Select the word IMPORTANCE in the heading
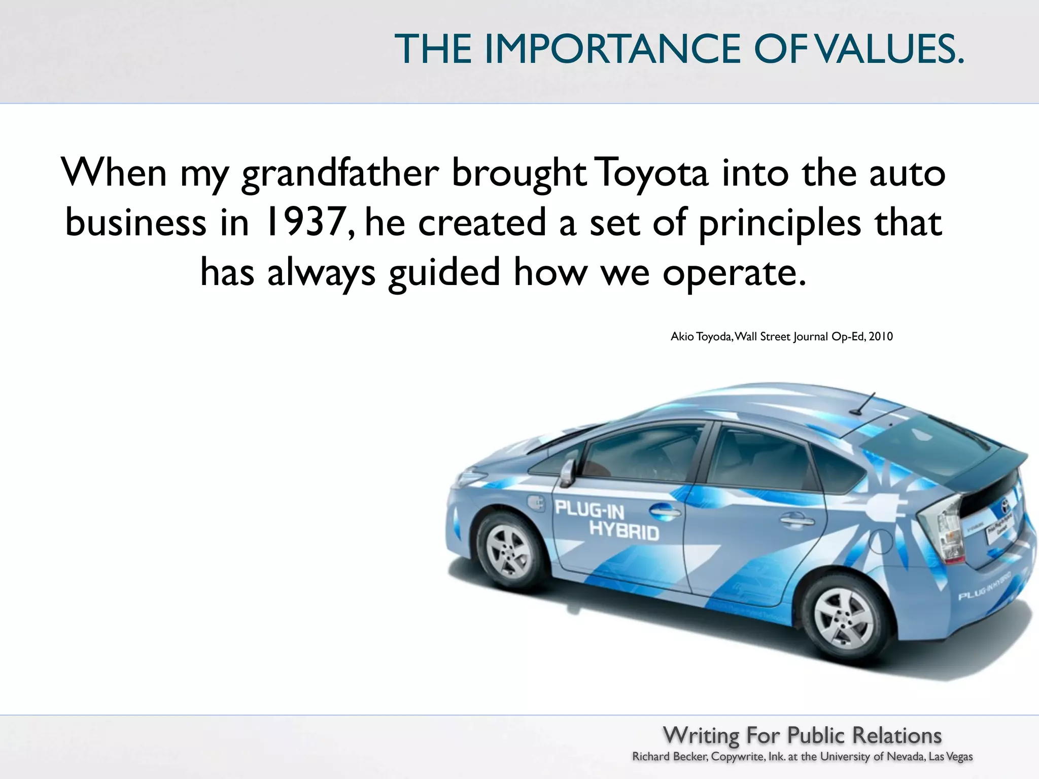click(x=613, y=49)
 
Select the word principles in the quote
click(x=780, y=223)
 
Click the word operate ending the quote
click(x=733, y=273)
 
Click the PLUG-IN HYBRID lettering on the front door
click(x=606, y=520)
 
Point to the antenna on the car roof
click(x=865, y=403)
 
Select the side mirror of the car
click(x=568, y=472)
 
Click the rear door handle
click(x=796, y=519)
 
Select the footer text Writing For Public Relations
click(x=802, y=735)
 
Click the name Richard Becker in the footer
click(x=670, y=757)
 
